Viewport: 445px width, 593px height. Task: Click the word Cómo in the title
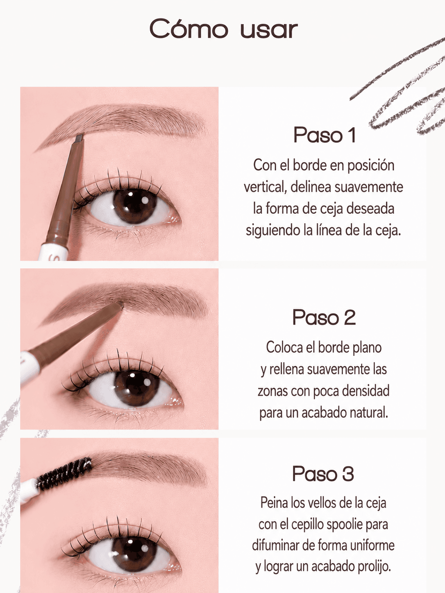click(189, 29)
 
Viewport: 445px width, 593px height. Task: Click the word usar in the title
click(269, 30)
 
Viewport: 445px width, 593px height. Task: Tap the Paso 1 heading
click(324, 135)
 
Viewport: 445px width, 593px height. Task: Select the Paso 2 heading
click(324, 317)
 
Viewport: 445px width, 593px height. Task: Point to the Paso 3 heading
click(323, 473)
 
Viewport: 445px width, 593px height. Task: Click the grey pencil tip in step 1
click(79, 138)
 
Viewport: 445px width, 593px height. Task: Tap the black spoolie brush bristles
click(64, 474)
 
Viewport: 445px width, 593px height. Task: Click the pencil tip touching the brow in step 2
click(120, 305)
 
